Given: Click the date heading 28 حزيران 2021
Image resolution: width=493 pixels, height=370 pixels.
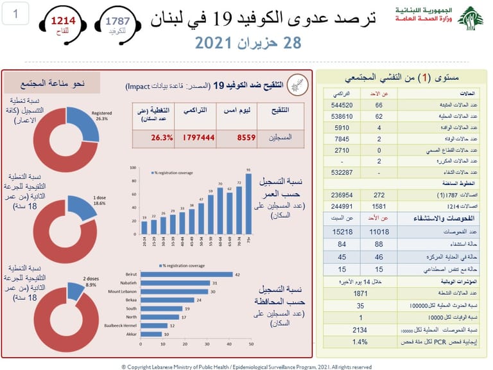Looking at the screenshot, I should (246, 44).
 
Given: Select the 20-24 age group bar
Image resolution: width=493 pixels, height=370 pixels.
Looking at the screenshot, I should (144, 228).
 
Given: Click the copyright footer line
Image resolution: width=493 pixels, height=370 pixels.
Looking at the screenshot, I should (246, 364).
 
